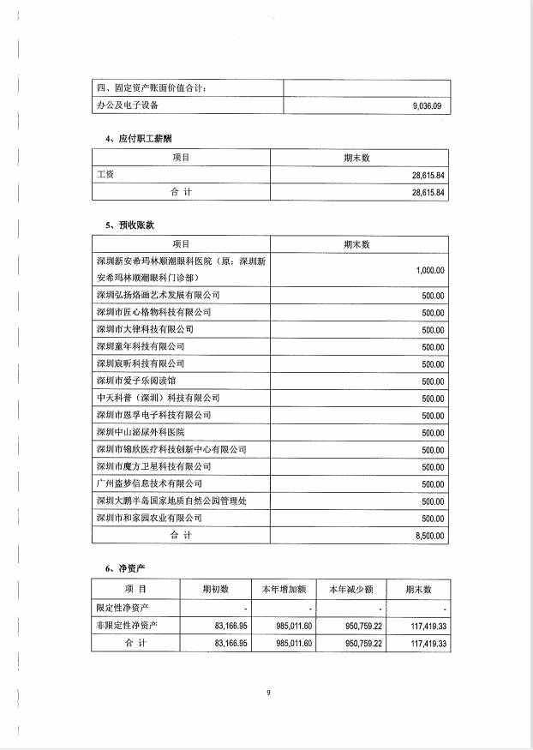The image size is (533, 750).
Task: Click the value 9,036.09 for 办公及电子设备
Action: [425, 105]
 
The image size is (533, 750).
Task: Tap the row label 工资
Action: [106, 175]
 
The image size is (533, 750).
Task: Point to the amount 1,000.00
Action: [429, 270]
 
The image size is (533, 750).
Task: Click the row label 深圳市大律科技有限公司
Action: [146, 329]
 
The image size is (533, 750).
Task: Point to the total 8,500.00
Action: [428, 536]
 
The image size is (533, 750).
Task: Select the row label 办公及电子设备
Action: [128, 105]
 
